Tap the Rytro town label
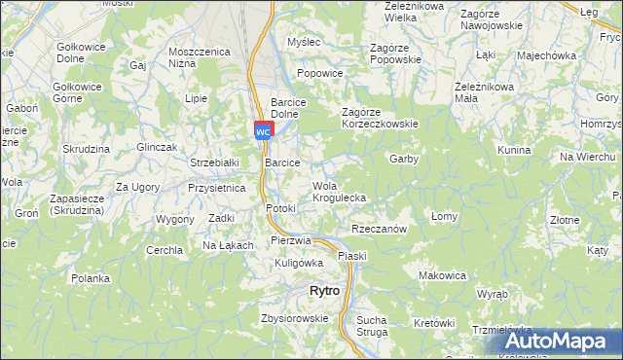click(323, 291)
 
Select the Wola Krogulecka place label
click(338, 191)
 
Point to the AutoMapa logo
click(564, 342)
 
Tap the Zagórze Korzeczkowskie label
click(380, 118)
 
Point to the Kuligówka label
click(299, 263)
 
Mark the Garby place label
click(403, 159)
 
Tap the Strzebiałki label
click(214, 163)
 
